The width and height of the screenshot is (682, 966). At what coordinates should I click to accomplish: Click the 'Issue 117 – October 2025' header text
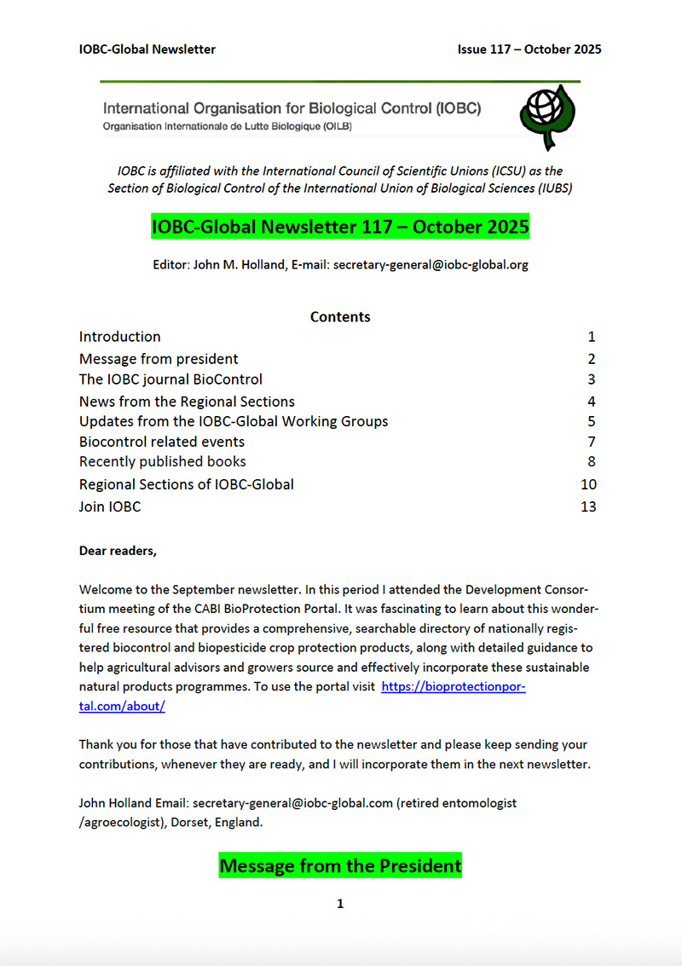529,49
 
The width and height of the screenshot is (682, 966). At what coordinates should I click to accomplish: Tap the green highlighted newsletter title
340,228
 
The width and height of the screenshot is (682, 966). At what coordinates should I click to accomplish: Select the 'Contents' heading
340,317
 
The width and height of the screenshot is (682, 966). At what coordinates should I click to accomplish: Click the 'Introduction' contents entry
120,337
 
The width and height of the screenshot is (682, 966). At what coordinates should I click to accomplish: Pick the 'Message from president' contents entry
159,359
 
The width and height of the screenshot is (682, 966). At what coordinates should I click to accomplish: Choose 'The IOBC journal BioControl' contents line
170,379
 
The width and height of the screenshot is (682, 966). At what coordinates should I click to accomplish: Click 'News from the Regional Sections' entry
187,402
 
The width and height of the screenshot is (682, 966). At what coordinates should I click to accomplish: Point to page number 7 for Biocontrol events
591,442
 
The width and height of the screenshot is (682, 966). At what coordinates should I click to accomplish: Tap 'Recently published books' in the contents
163,462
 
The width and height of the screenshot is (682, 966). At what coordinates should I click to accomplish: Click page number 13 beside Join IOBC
587,507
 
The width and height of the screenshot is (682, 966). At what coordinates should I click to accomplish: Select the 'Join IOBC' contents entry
110,507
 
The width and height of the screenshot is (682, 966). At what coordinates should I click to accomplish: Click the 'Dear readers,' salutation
118,551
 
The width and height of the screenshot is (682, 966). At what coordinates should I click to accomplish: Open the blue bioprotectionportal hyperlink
453,686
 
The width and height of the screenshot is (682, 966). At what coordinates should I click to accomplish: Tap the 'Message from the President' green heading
340,866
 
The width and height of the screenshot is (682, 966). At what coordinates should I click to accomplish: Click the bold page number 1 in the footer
340,904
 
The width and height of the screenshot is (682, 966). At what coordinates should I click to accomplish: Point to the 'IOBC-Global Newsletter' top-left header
147,49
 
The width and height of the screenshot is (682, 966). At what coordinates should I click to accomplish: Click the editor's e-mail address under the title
431,265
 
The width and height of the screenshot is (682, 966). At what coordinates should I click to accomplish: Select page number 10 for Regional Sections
587,485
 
